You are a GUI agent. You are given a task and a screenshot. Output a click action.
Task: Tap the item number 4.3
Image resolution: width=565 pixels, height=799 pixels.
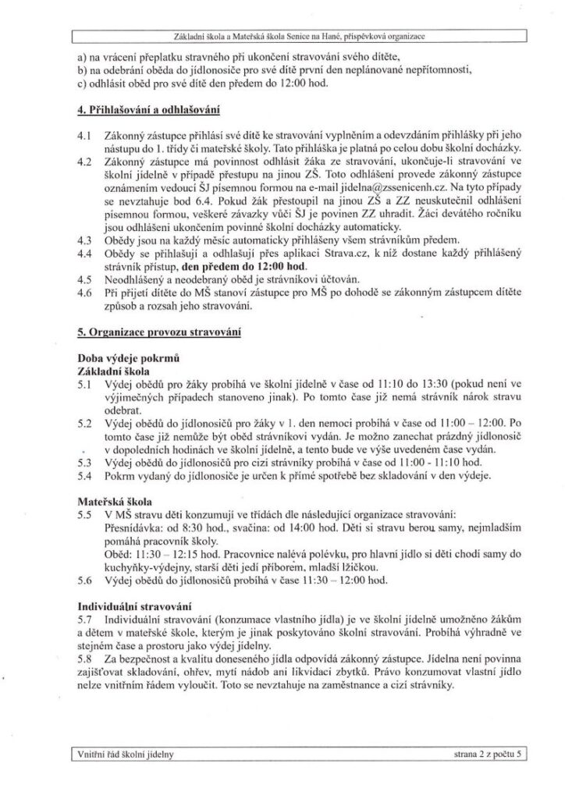click(x=86, y=240)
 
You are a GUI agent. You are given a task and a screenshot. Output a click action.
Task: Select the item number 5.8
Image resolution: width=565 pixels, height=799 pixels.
click(x=86, y=657)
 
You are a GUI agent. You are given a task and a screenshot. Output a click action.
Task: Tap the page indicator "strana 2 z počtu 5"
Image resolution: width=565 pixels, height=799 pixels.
click(x=477, y=755)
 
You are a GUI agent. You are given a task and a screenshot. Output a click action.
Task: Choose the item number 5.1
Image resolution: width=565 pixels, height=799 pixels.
click(x=86, y=384)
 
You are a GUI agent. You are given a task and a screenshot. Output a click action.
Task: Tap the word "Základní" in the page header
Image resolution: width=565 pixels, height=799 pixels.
click(x=196, y=37)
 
